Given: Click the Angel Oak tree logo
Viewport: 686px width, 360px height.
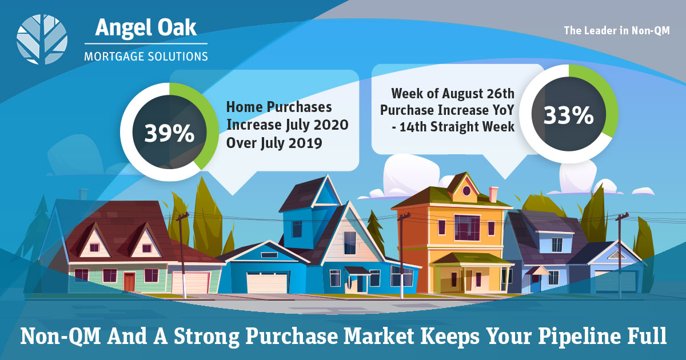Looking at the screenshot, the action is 42,39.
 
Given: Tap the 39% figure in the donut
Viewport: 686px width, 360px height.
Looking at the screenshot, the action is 169,134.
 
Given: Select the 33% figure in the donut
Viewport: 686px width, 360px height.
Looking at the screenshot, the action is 569,115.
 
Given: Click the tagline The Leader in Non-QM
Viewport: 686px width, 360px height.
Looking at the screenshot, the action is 617,31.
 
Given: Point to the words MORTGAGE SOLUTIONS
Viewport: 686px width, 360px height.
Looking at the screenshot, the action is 146,57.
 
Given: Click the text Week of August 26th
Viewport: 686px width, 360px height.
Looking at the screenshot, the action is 453,93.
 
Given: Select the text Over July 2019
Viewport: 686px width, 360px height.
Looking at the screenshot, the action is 274,143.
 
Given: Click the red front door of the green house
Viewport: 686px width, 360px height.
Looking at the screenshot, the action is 129,282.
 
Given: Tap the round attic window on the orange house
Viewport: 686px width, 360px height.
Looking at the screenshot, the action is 466,191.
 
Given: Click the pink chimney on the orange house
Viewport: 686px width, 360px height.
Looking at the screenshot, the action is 493,194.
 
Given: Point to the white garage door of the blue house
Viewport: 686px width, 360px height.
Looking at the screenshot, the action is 267,282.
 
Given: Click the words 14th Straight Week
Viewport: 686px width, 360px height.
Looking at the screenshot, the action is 456,127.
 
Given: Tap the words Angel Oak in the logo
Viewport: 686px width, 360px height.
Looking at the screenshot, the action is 146,27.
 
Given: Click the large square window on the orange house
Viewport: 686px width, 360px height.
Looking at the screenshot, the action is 467,227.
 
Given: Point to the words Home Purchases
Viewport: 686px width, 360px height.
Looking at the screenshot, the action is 279,107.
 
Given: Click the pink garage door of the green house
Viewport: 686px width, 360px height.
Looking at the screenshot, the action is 190,282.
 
